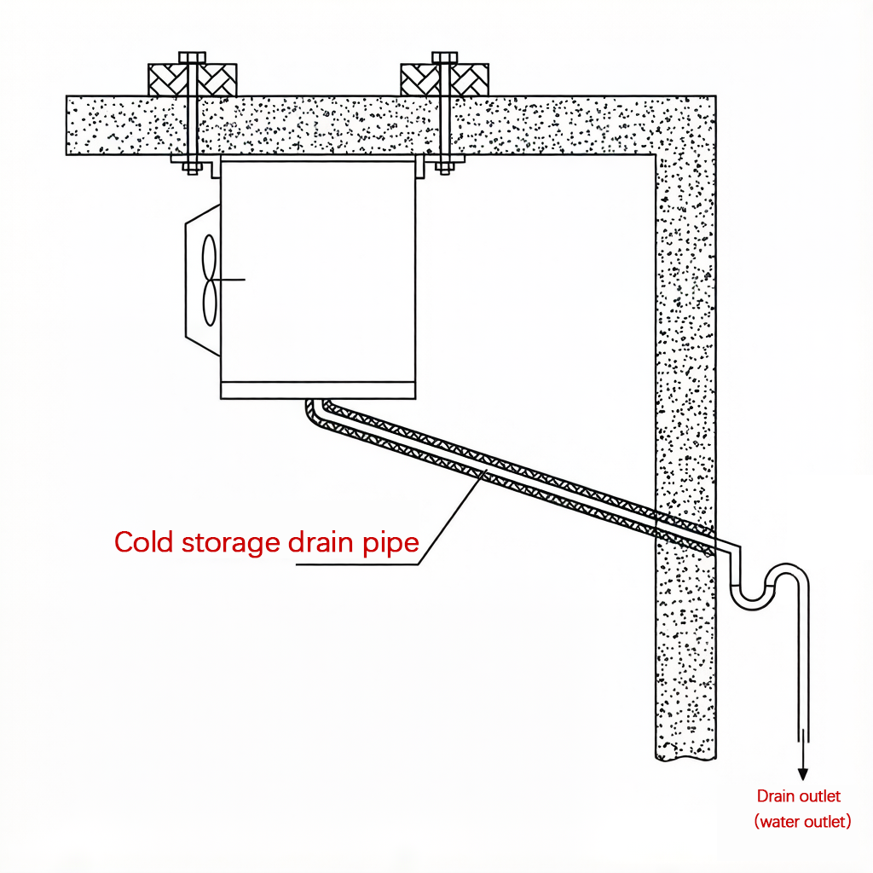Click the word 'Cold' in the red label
[143, 541]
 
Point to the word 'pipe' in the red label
[390, 544]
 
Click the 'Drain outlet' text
[798, 796]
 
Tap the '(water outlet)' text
[802, 821]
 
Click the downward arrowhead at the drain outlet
[802, 774]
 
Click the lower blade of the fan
[210, 303]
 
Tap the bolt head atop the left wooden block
[192, 57]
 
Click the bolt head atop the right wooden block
[445, 57]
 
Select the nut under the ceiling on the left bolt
[192, 167]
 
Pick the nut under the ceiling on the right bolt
[444, 167]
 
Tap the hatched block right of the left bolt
[217, 79]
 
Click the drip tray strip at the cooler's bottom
[318, 390]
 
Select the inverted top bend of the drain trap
[787, 575]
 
